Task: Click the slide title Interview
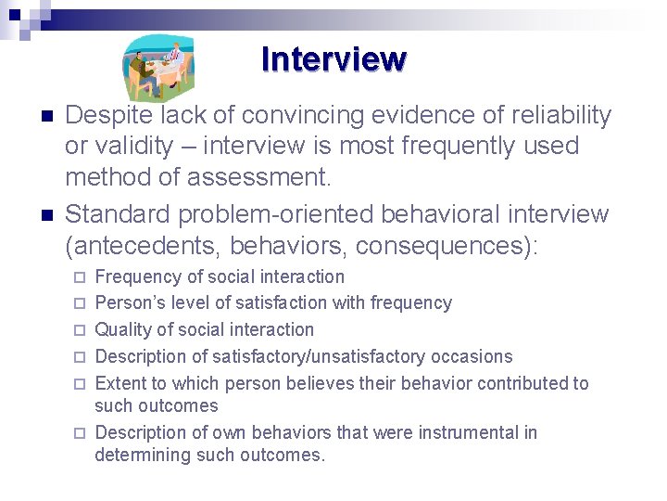(x=333, y=59)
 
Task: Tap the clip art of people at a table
(x=159, y=68)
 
